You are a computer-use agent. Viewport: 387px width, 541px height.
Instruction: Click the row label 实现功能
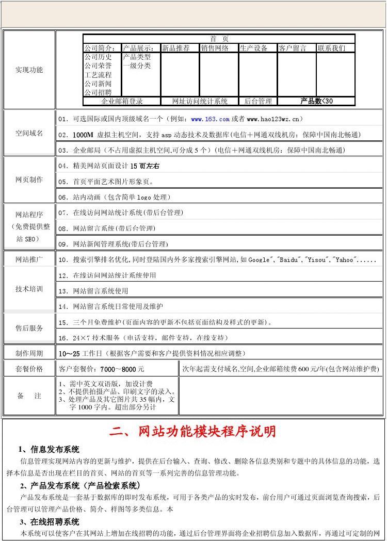[x=29, y=70]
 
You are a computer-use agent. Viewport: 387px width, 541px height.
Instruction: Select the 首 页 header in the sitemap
[x=219, y=39]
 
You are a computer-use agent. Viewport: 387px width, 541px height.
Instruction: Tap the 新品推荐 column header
[x=175, y=48]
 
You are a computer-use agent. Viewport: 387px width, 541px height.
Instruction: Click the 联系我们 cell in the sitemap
[x=331, y=48]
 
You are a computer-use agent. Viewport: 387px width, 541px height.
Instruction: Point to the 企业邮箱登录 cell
[x=122, y=101]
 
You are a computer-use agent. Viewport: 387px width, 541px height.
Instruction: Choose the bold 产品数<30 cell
[x=316, y=101]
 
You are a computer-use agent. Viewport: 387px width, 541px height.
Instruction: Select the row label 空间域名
[x=29, y=133]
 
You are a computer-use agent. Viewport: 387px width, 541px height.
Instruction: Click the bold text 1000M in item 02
[x=83, y=135]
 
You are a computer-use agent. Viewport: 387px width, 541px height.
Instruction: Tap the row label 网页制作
[x=29, y=179]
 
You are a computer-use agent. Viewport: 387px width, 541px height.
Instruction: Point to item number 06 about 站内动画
[x=63, y=197]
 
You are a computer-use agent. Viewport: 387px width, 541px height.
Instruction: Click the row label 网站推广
[x=29, y=259]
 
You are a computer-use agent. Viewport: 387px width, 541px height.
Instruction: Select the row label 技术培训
[x=29, y=289]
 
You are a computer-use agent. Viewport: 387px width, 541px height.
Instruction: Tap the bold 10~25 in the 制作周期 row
[x=69, y=354]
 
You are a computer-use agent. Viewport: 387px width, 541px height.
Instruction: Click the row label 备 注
[x=29, y=396]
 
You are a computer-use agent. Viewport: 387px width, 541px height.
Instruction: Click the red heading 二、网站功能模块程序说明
[x=192, y=431]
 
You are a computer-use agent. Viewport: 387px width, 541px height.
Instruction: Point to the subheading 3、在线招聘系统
[x=50, y=522]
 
